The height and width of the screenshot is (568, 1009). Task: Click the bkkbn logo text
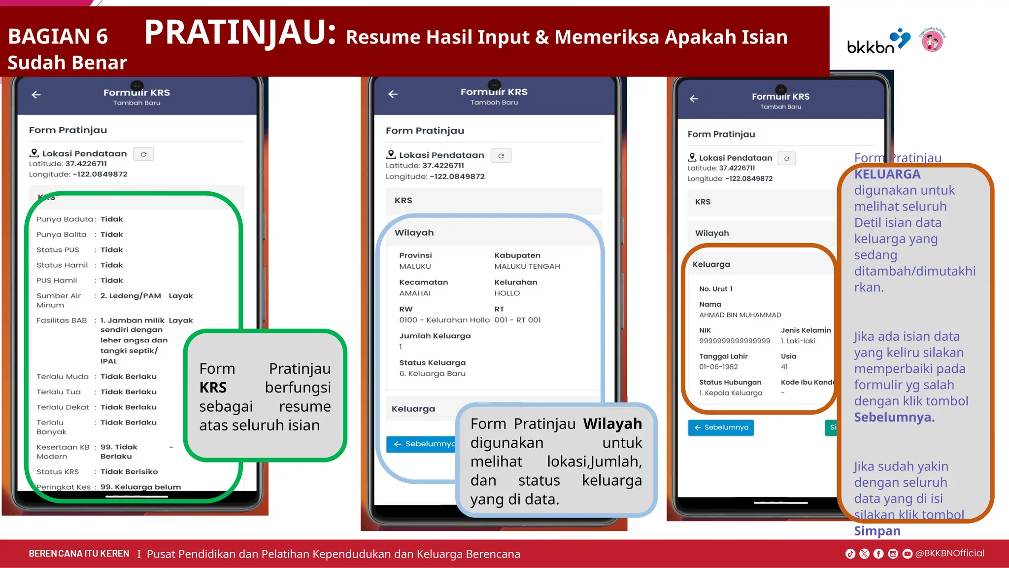(x=870, y=46)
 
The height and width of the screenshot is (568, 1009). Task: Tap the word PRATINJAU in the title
(x=240, y=33)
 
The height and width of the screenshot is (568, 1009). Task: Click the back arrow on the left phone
(x=36, y=95)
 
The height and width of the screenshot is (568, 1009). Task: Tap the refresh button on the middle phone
(x=501, y=156)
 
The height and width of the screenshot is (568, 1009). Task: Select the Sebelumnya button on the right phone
(x=721, y=427)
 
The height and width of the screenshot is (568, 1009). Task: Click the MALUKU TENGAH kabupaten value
(x=527, y=266)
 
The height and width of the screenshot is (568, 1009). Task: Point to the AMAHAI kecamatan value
(x=414, y=293)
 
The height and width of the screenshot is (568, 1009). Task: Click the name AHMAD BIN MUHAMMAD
(x=740, y=315)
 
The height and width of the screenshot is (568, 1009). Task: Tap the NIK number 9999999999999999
(x=734, y=341)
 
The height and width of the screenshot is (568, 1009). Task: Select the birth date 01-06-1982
(x=718, y=367)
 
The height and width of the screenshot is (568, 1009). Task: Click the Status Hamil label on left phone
(x=62, y=265)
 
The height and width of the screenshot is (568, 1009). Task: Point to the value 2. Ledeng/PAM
(x=131, y=296)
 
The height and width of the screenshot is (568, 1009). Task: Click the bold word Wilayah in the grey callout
(x=612, y=424)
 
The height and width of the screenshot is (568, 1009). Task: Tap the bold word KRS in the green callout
(x=213, y=388)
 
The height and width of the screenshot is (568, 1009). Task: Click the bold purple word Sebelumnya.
(x=894, y=417)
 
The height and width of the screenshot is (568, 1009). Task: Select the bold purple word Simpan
(x=877, y=531)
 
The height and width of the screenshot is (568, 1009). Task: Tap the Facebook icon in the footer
(x=878, y=554)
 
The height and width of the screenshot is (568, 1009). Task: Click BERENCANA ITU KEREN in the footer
(x=79, y=554)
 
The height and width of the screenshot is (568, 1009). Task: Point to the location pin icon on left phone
(x=34, y=153)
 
